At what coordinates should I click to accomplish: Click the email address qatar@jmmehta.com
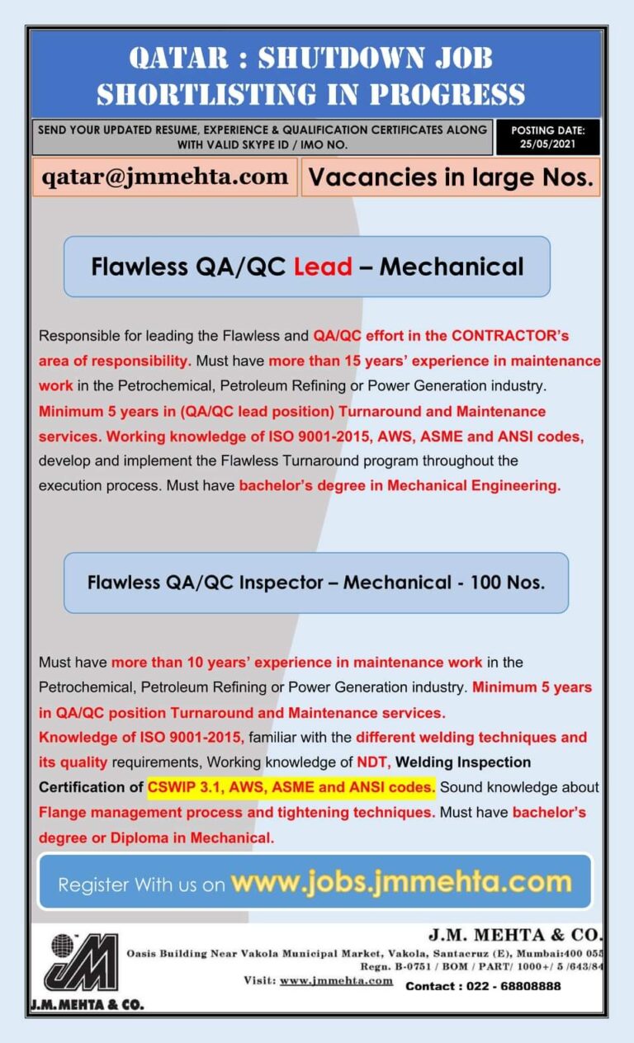tap(165, 177)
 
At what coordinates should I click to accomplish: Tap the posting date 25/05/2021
tap(547, 144)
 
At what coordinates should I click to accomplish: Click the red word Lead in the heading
tap(323, 267)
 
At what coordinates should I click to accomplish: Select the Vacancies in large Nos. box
tap(451, 177)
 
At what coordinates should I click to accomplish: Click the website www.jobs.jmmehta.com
tap(401, 882)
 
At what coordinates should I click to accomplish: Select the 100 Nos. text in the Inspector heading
tap(508, 583)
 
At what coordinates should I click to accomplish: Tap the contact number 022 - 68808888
tap(483, 986)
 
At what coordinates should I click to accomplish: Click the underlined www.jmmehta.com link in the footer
tap(336, 980)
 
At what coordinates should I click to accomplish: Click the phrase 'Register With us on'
tap(141, 885)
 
